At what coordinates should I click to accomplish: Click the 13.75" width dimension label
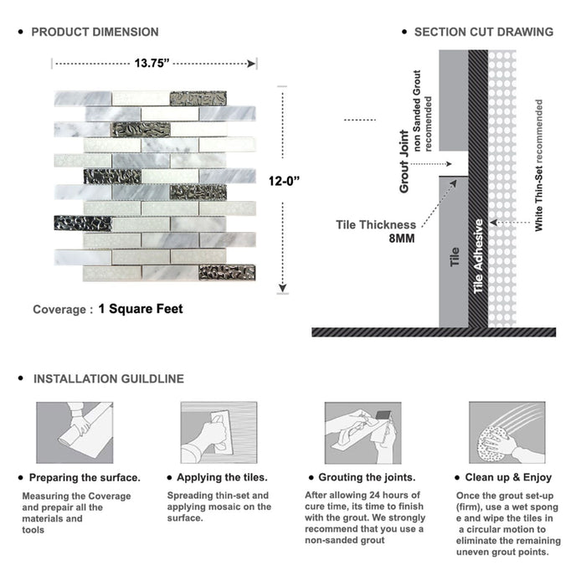pos(152,63)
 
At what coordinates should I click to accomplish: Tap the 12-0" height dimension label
pos(285,180)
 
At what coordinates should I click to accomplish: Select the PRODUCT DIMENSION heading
pos(95,32)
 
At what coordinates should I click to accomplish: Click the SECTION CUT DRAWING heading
pos(483,32)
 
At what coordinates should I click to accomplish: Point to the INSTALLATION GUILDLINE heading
pos(108,378)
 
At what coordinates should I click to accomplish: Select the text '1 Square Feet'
pos(140,309)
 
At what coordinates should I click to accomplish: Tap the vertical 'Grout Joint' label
pos(404,161)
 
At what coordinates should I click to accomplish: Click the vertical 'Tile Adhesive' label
pos(479,256)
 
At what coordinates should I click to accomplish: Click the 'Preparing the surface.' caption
pos(85,477)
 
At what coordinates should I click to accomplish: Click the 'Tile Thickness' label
pos(376,224)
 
